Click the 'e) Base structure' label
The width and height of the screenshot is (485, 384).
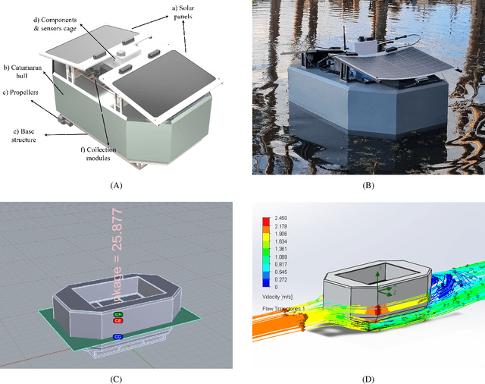coord(23,134)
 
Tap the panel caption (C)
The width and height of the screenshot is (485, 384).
coord(116,379)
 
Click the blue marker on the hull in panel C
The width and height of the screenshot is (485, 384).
coord(118,335)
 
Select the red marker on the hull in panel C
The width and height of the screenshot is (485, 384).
coord(118,319)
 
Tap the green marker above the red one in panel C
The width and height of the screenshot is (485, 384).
coord(118,313)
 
